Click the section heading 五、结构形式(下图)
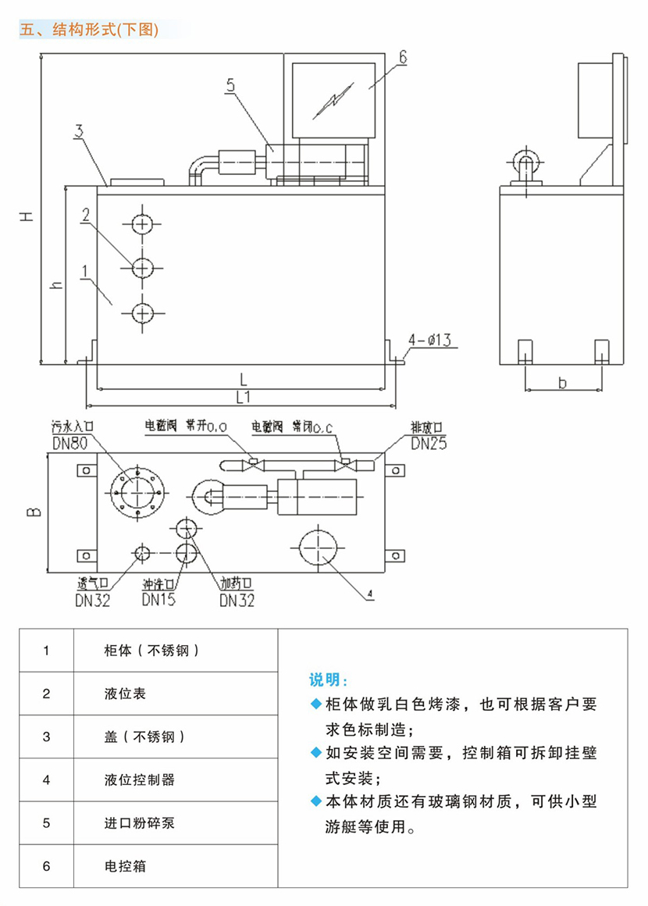(90, 30)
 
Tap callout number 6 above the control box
(403, 57)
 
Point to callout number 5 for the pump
(230, 86)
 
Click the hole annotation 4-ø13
(430, 341)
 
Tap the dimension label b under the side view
(563, 382)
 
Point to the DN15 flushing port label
(158, 600)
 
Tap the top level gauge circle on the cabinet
(141, 224)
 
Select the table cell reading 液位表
(125, 693)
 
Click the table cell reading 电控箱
(125, 866)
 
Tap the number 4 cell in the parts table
(47, 779)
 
